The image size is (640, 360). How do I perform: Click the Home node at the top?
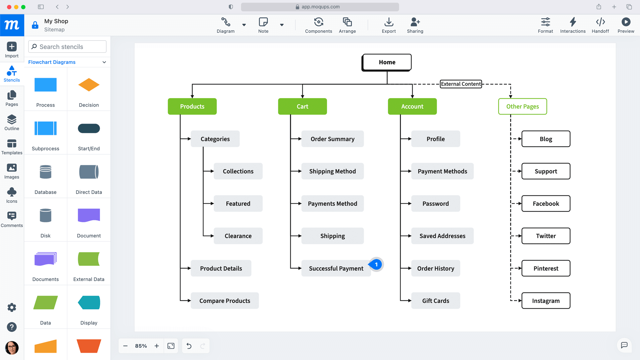pyautogui.click(x=387, y=62)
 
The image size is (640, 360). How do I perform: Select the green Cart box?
pyautogui.click(x=302, y=106)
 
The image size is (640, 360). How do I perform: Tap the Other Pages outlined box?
pyautogui.click(x=522, y=106)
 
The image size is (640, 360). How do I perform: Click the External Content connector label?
pyautogui.click(x=461, y=84)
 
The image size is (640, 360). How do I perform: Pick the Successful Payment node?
pyautogui.click(x=336, y=268)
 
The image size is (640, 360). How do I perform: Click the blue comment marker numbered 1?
pyautogui.click(x=376, y=265)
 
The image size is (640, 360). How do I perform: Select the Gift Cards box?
pyautogui.click(x=435, y=301)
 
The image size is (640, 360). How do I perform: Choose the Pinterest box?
pyautogui.click(x=546, y=268)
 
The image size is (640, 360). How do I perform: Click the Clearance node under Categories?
pyautogui.click(x=238, y=236)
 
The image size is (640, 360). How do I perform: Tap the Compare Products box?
pyautogui.click(x=225, y=301)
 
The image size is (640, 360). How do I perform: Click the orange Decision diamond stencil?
pyautogui.click(x=89, y=85)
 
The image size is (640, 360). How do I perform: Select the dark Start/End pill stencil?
pyautogui.click(x=89, y=128)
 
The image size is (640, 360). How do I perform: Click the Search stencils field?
pyautogui.click(x=67, y=47)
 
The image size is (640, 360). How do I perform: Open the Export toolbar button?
pyautogui.click(x=389, y=25)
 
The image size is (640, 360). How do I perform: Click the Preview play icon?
pyautogui.click(x=626, y=22)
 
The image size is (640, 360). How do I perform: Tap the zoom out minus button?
pyautogui.click(x=125, y=346)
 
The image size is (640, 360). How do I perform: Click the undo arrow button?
pyautogui.click(x=189, y=346)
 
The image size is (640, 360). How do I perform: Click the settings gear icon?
pyautogui.click(x=12, y=307)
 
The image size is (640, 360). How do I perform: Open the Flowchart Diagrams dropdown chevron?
pyautogui.click(x=104, y=62)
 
